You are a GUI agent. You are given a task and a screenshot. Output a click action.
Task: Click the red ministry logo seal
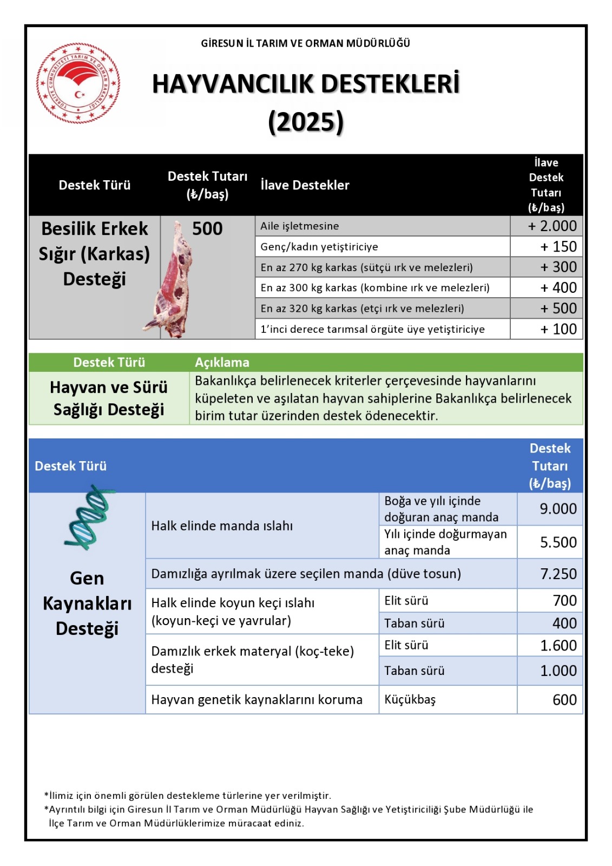78,84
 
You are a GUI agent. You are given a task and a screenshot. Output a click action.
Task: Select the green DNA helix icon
88,517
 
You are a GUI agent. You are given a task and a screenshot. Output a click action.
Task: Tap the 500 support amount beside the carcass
207,228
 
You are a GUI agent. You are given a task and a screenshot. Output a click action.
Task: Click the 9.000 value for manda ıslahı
558,509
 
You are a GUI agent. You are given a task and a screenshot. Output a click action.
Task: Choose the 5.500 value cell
558,542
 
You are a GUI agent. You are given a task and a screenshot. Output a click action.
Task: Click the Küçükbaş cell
410,700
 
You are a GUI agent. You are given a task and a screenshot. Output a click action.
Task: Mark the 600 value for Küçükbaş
564,700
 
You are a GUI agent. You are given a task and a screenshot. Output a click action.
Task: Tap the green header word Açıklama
222,363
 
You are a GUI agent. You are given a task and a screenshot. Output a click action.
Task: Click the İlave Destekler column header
305,185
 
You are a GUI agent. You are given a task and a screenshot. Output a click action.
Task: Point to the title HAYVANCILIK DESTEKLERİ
306,84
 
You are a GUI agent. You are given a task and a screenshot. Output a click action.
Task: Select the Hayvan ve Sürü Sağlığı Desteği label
109,398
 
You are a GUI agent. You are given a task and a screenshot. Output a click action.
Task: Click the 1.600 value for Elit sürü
558,645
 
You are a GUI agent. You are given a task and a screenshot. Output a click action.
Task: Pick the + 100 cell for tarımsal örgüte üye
558,329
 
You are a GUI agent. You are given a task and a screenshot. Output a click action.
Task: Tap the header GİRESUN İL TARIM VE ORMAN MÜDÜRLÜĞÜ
305,43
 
